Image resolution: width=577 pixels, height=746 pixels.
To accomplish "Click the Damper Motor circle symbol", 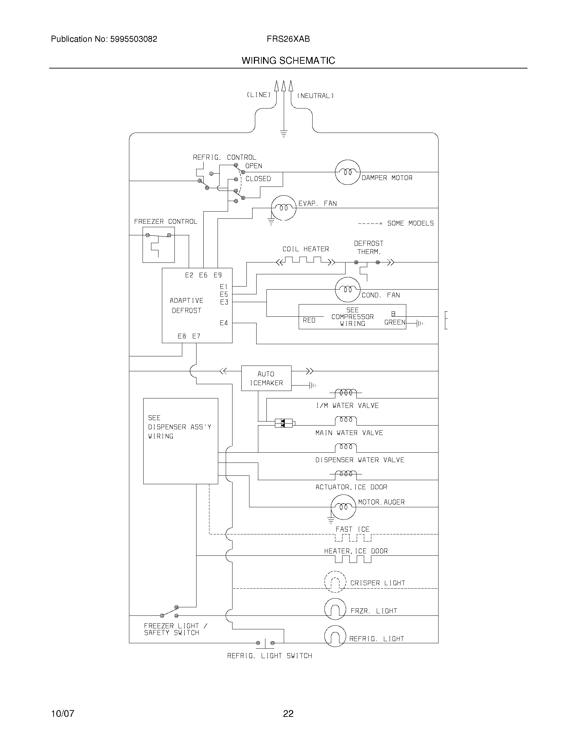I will coord(348,172).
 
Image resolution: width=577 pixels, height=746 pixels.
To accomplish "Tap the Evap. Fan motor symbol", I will coord(283,208).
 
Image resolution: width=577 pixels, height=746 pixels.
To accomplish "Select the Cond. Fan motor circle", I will coord(348,290).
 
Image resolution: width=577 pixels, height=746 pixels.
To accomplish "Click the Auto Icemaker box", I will coord(266,378).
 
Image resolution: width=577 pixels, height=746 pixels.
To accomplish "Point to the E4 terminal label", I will coord(224,323).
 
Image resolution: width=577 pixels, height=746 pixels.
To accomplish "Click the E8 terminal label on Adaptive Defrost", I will coord(182,336).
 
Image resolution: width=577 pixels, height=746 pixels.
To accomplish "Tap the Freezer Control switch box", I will coord(158,245).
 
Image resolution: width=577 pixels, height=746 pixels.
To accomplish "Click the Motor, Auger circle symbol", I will coord(343,507).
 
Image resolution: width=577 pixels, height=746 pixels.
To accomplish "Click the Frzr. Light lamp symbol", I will coord(335,610).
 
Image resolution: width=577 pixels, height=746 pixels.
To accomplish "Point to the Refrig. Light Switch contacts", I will coord(265,643).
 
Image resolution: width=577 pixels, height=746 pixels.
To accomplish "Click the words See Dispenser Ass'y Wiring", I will coord(180,427).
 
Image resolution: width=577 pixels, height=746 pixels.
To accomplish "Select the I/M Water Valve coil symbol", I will coord(346,393).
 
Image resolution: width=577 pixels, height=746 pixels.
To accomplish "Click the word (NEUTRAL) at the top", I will coord(315,96).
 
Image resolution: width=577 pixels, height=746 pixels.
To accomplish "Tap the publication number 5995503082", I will coord(133,39).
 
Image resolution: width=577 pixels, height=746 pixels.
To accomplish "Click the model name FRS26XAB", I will coord(288,39).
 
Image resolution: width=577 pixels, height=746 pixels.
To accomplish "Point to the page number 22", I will coord(288,713).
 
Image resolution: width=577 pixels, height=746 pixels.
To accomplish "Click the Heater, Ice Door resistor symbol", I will coord(353,559).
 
